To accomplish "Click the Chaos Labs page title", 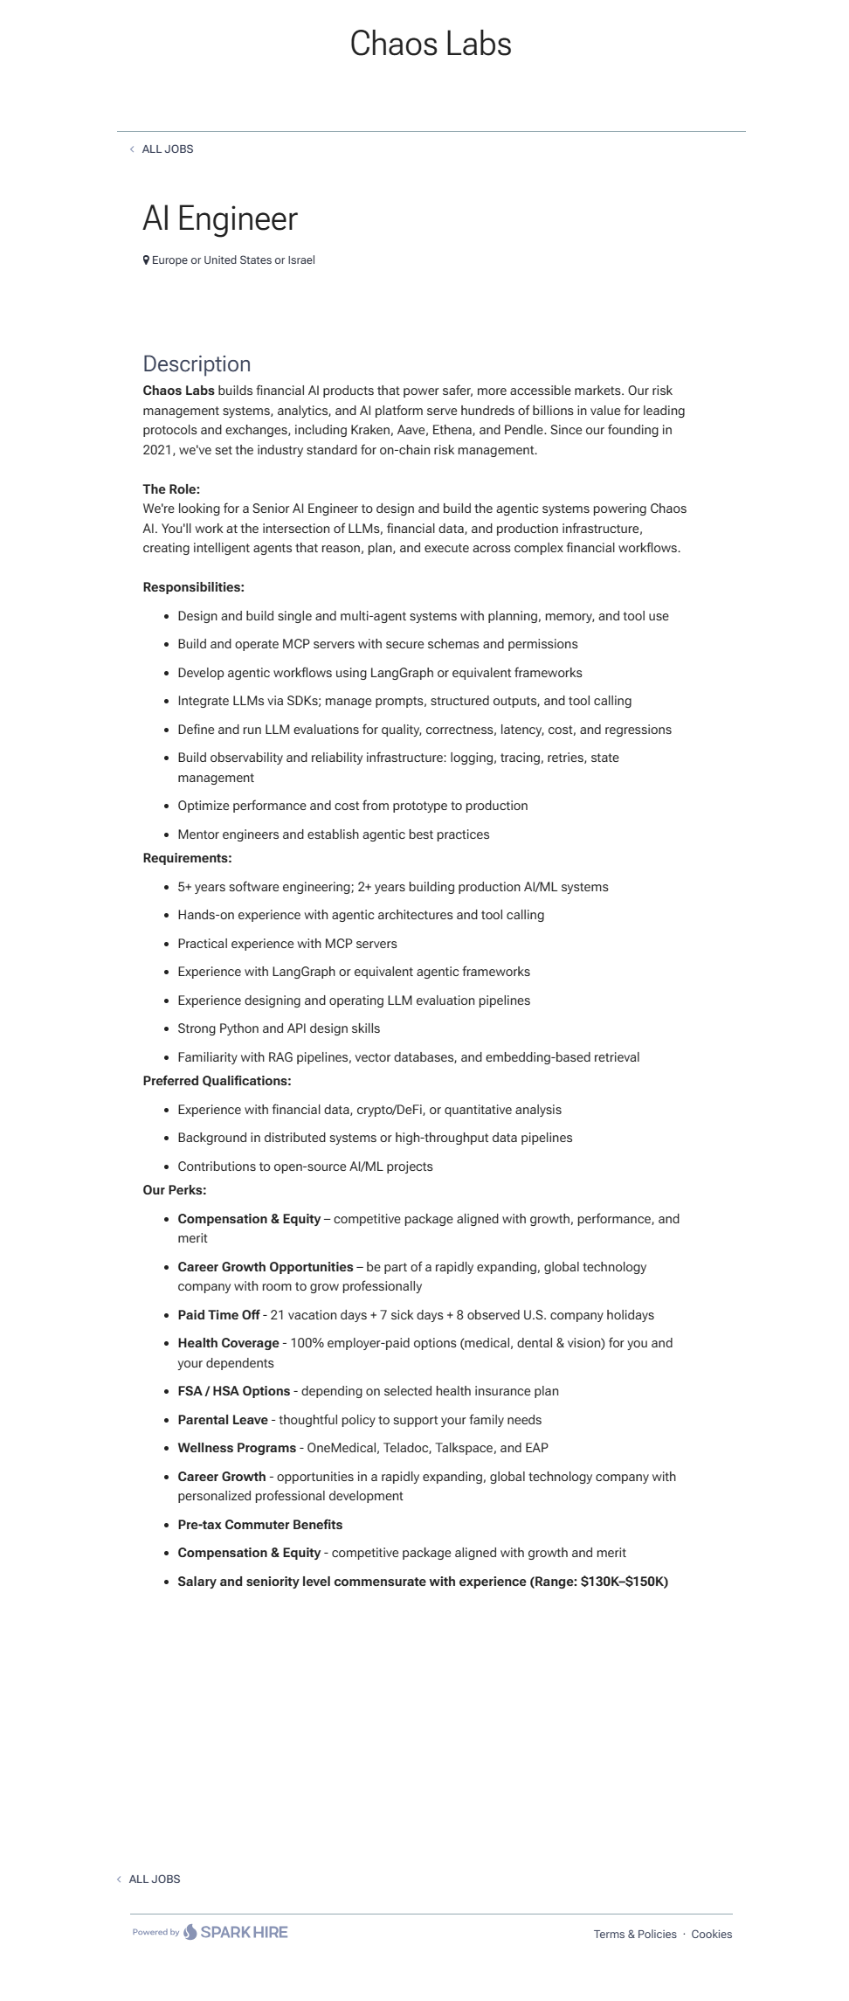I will (x=431, y=44).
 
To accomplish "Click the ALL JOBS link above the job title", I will (x=167, y=149).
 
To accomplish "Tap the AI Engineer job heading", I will (x=220, y=218).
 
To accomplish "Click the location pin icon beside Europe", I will (x=146, y=260).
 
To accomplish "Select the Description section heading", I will (x=197, y=364).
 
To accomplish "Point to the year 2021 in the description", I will (x=157, y=450).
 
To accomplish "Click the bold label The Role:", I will (x=171, y=489).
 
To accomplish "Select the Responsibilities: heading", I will (x=193, y=587).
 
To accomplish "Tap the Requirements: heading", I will (x=187, y=858).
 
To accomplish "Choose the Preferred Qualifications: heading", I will (x=217, y=1081).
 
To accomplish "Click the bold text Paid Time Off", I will (x=218, y=1315).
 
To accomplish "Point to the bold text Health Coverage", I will (x=228, y=1343).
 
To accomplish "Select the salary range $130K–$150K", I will (x=624, y=1582).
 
